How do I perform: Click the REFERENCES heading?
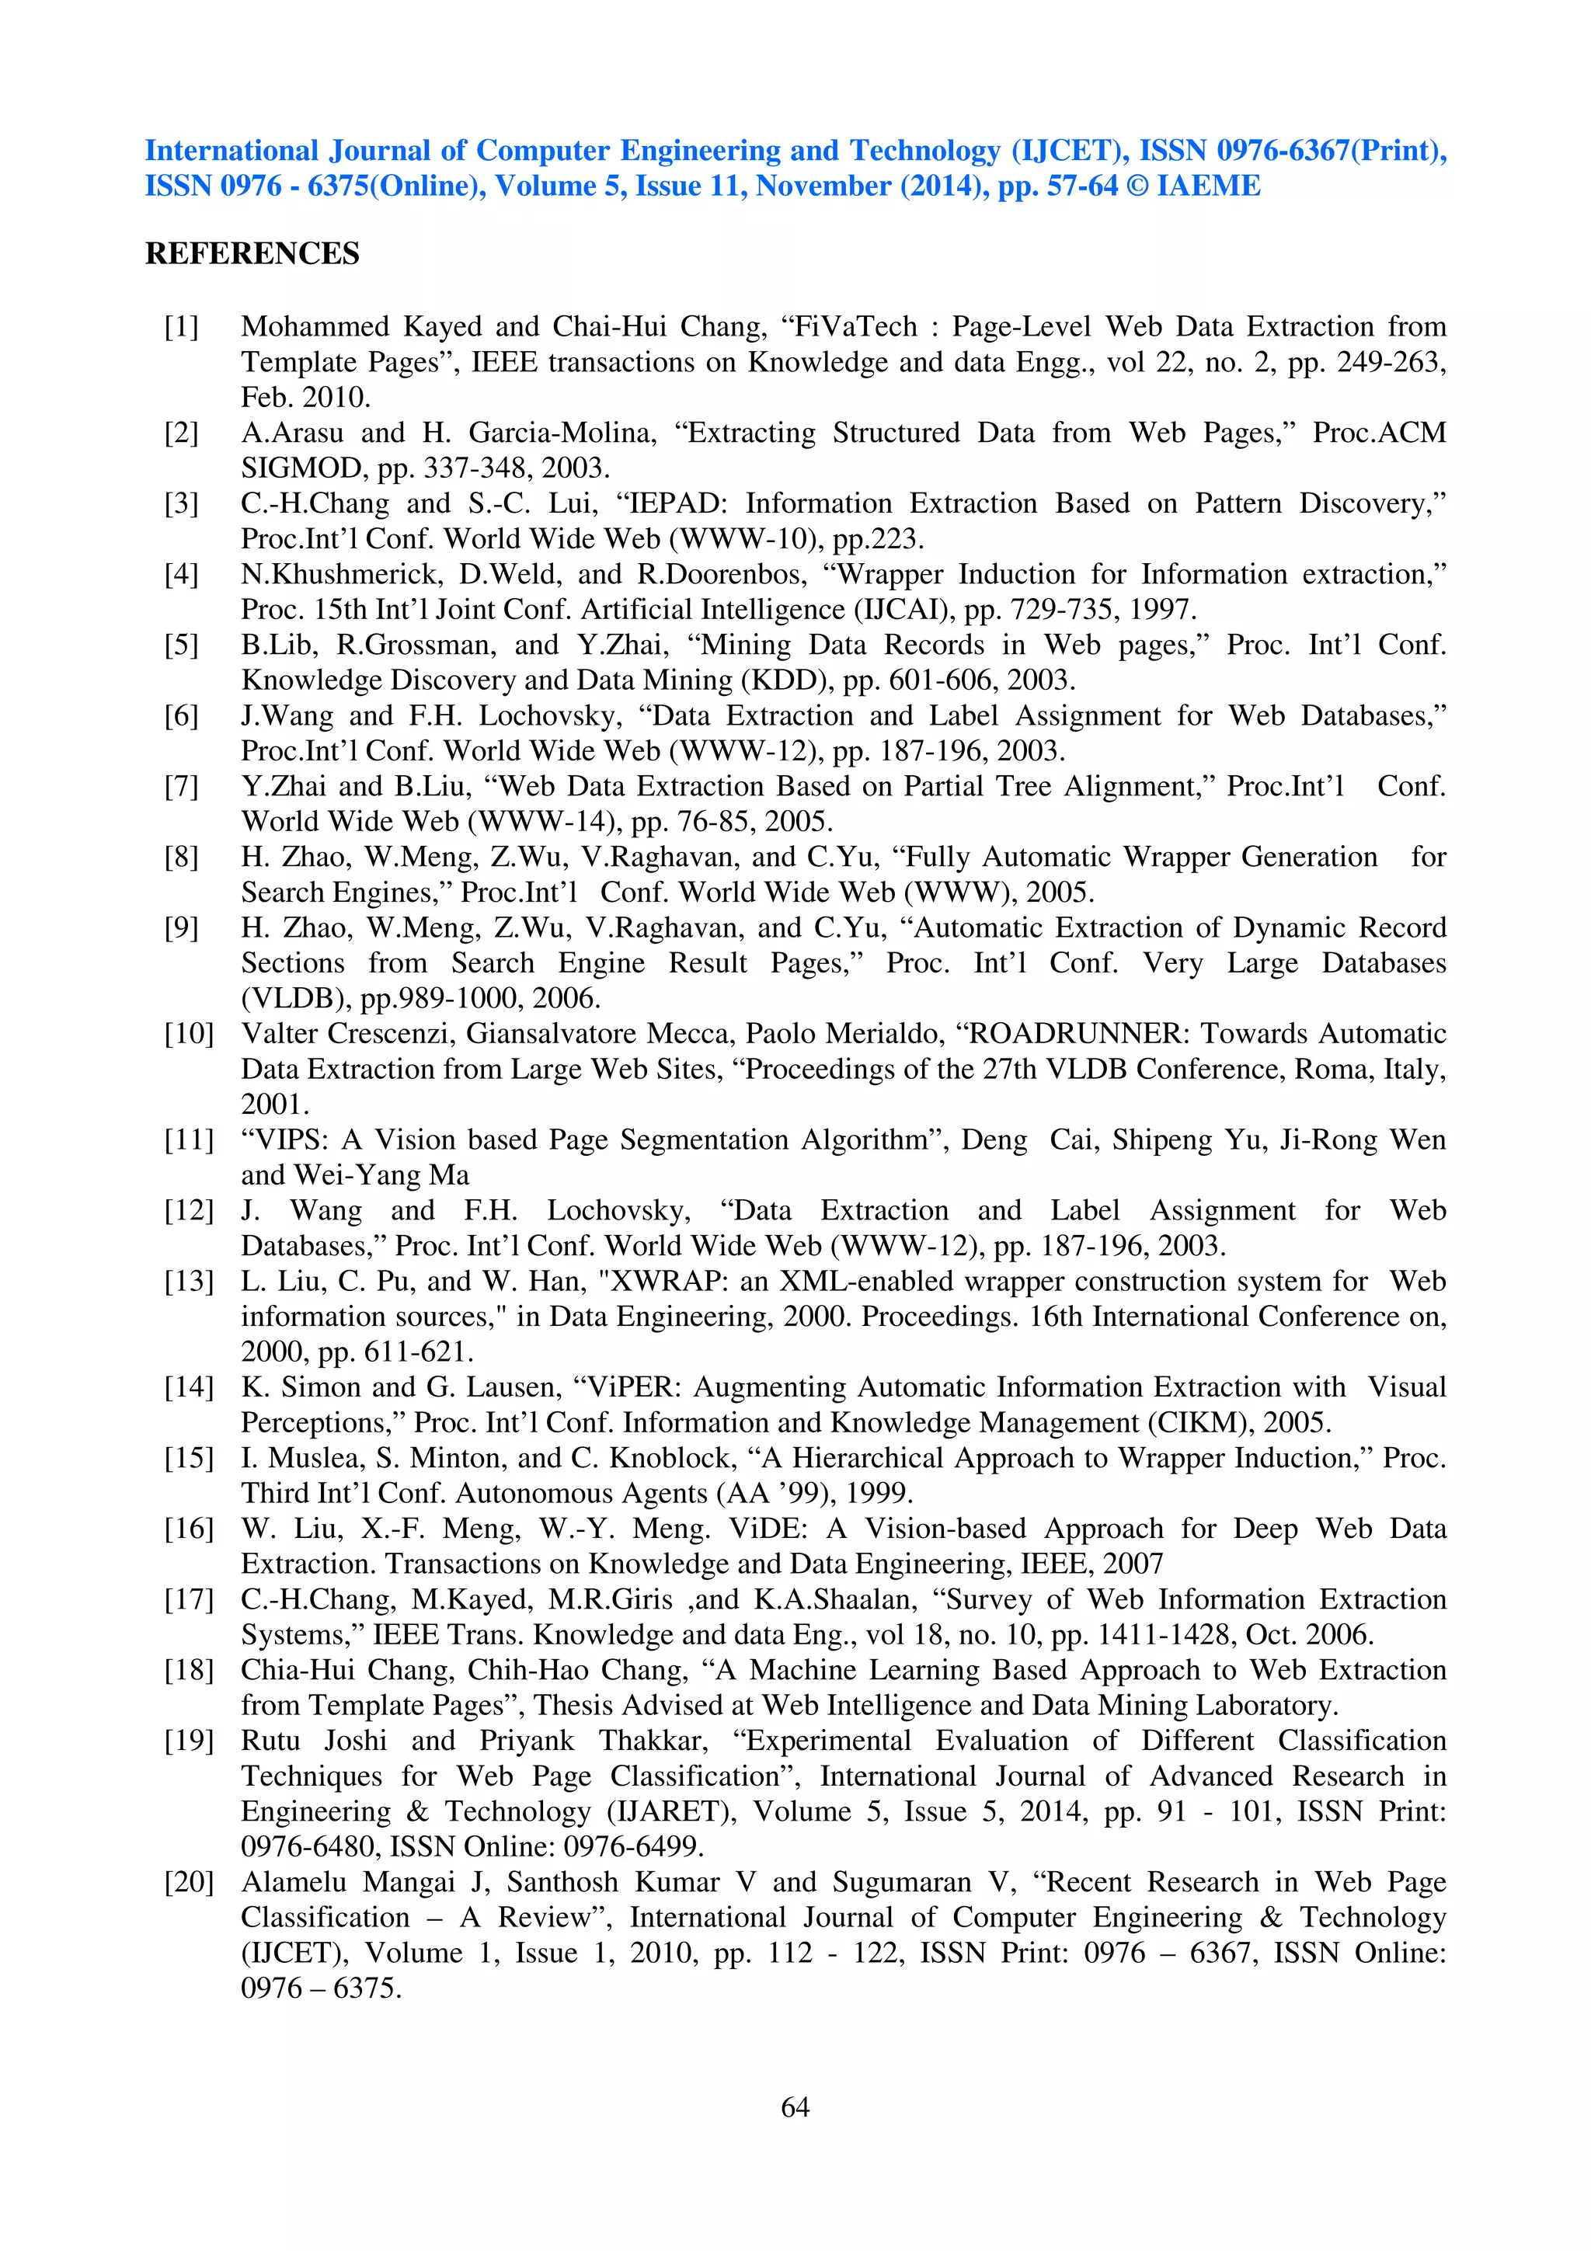pos(252,254)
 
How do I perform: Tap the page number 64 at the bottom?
pos(795,2106)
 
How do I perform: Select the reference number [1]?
pos(181,326)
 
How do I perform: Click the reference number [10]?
pos(188,1033)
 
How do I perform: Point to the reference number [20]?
pos(188,1881)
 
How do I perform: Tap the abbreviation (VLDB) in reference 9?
pos(296,998)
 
